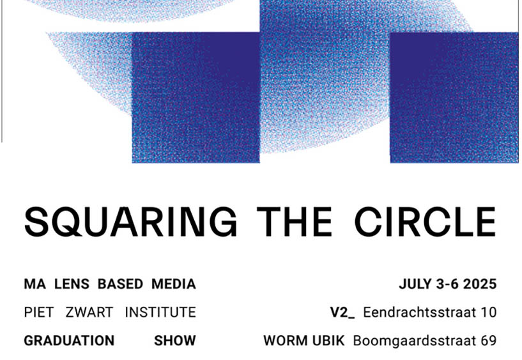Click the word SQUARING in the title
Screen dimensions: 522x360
point(131,222)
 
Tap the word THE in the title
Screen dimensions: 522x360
point(295,222)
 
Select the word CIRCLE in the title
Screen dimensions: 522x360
point(425,222)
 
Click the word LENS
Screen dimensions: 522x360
point(72,284)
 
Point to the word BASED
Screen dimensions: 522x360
point(120,284)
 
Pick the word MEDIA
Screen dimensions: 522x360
point(174,284)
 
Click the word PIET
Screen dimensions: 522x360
point(39,313)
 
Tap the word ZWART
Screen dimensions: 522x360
point(89,313)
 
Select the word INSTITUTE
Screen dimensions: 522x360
point(160,313)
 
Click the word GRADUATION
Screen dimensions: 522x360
point(69,341)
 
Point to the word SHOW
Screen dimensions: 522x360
point(175,341)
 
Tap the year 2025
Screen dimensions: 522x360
point(480,284)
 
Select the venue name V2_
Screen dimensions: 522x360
point(342,313)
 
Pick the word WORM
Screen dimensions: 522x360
point(286,341)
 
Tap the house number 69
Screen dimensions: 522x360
point(489,341)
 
